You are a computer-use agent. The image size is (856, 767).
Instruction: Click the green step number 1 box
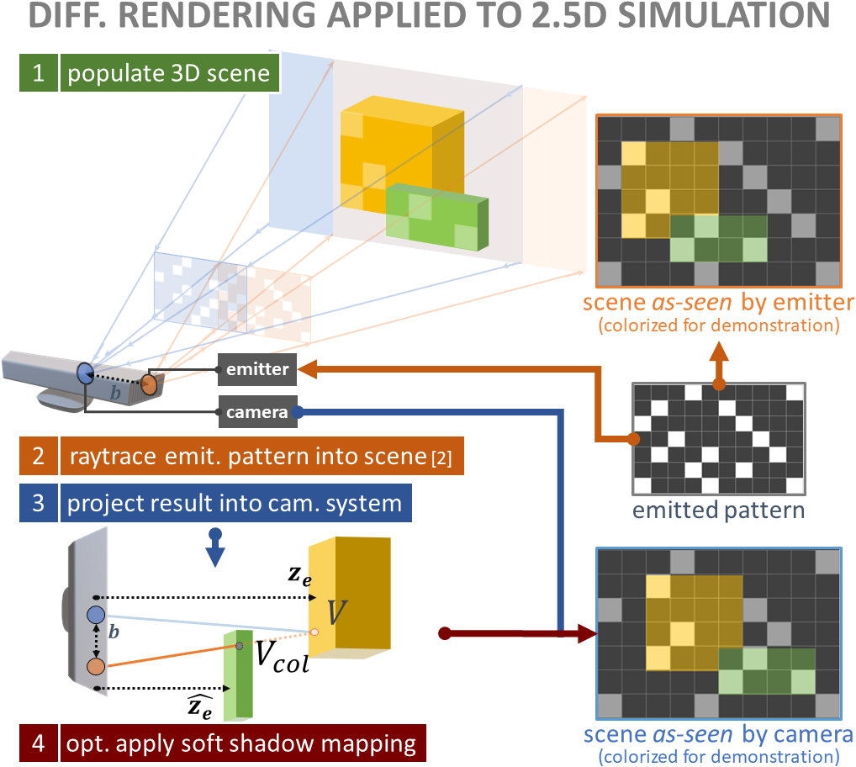coord(38,73)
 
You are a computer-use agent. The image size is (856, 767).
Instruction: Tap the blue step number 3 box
coord(38,504)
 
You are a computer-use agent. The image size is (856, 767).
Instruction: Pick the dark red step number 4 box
coord(38,743)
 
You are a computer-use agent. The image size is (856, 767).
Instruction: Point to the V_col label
coord(282,659)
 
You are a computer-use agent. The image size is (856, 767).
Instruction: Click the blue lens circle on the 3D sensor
coord(86,373)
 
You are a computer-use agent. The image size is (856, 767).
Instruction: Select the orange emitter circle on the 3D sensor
coord(149,385)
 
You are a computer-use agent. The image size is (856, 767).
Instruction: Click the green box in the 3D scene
coord(437,218)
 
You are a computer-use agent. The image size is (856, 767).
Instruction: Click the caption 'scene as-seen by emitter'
coord(724,302)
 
